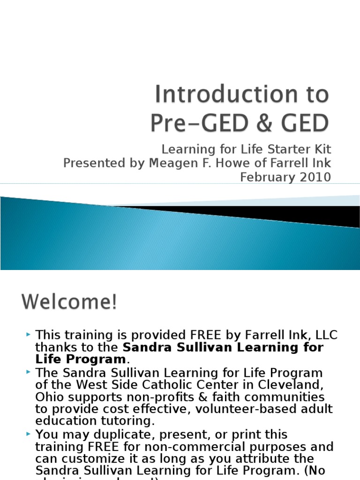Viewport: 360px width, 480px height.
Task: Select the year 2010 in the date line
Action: pyautogui.click(x=315, y=177)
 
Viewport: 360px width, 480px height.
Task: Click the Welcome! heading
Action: pyautogui.click(x=69, y=302)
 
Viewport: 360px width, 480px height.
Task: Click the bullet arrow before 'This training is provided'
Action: pyautogui.click(x=29, y=334)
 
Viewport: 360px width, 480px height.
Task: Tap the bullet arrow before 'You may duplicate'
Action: pyautogui.click(x=29, y=433)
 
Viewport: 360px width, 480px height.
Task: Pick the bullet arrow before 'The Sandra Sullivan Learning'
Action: pyautogui.click(x=29, y=372)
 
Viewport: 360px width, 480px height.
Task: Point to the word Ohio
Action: pyautogui.click(x=49, y=397)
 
